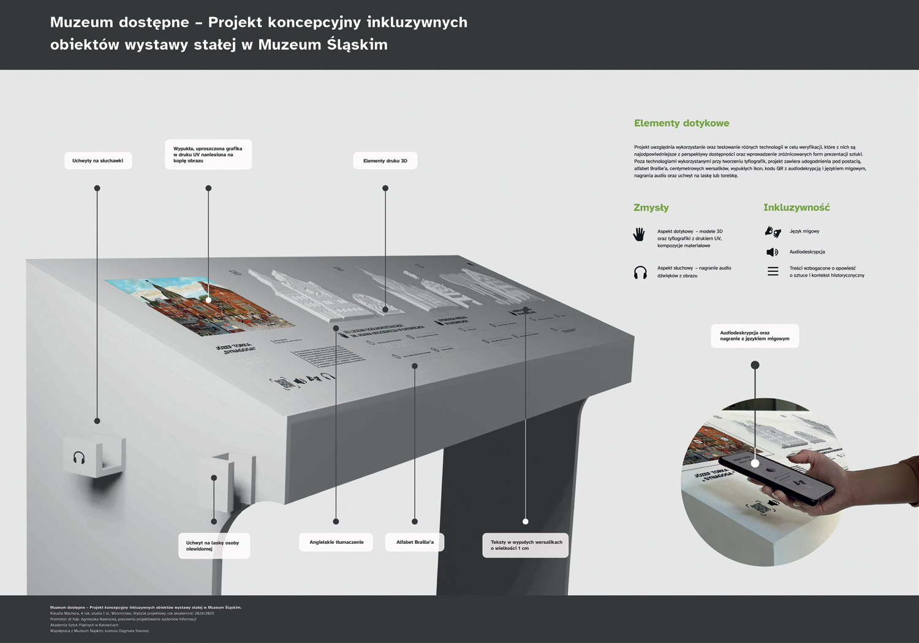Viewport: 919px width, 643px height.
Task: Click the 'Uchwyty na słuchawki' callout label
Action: [98, 160]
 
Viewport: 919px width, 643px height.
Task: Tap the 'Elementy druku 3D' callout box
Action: [385, 160]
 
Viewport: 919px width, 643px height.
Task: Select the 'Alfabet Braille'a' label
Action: [415, 542]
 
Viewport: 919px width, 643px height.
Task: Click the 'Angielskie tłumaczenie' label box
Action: [336, 542]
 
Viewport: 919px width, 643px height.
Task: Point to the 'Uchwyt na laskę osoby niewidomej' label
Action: [214, 546]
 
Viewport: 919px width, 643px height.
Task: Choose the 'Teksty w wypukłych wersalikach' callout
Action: [526, 545]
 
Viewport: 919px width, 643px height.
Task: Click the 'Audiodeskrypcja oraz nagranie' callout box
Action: [755, 336]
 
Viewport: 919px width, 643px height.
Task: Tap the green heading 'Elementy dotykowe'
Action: [681, 123]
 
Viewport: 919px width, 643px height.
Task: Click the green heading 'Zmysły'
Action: [651, 208]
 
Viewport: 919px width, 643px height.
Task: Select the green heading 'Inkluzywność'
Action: [796, 208]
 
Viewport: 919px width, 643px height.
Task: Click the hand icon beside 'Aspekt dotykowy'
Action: [640, 235]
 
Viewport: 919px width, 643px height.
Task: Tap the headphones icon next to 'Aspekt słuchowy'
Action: [640, 273]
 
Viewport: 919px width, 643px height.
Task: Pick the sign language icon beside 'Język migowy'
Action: [773, 231]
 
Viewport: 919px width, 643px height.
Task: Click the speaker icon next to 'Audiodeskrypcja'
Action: [773, 252]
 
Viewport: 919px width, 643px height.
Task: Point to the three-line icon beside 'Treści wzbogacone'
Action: [773, 271]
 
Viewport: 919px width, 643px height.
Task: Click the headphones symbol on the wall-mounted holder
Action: [79, 458]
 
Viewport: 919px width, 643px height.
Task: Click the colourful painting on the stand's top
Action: [199, 305]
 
